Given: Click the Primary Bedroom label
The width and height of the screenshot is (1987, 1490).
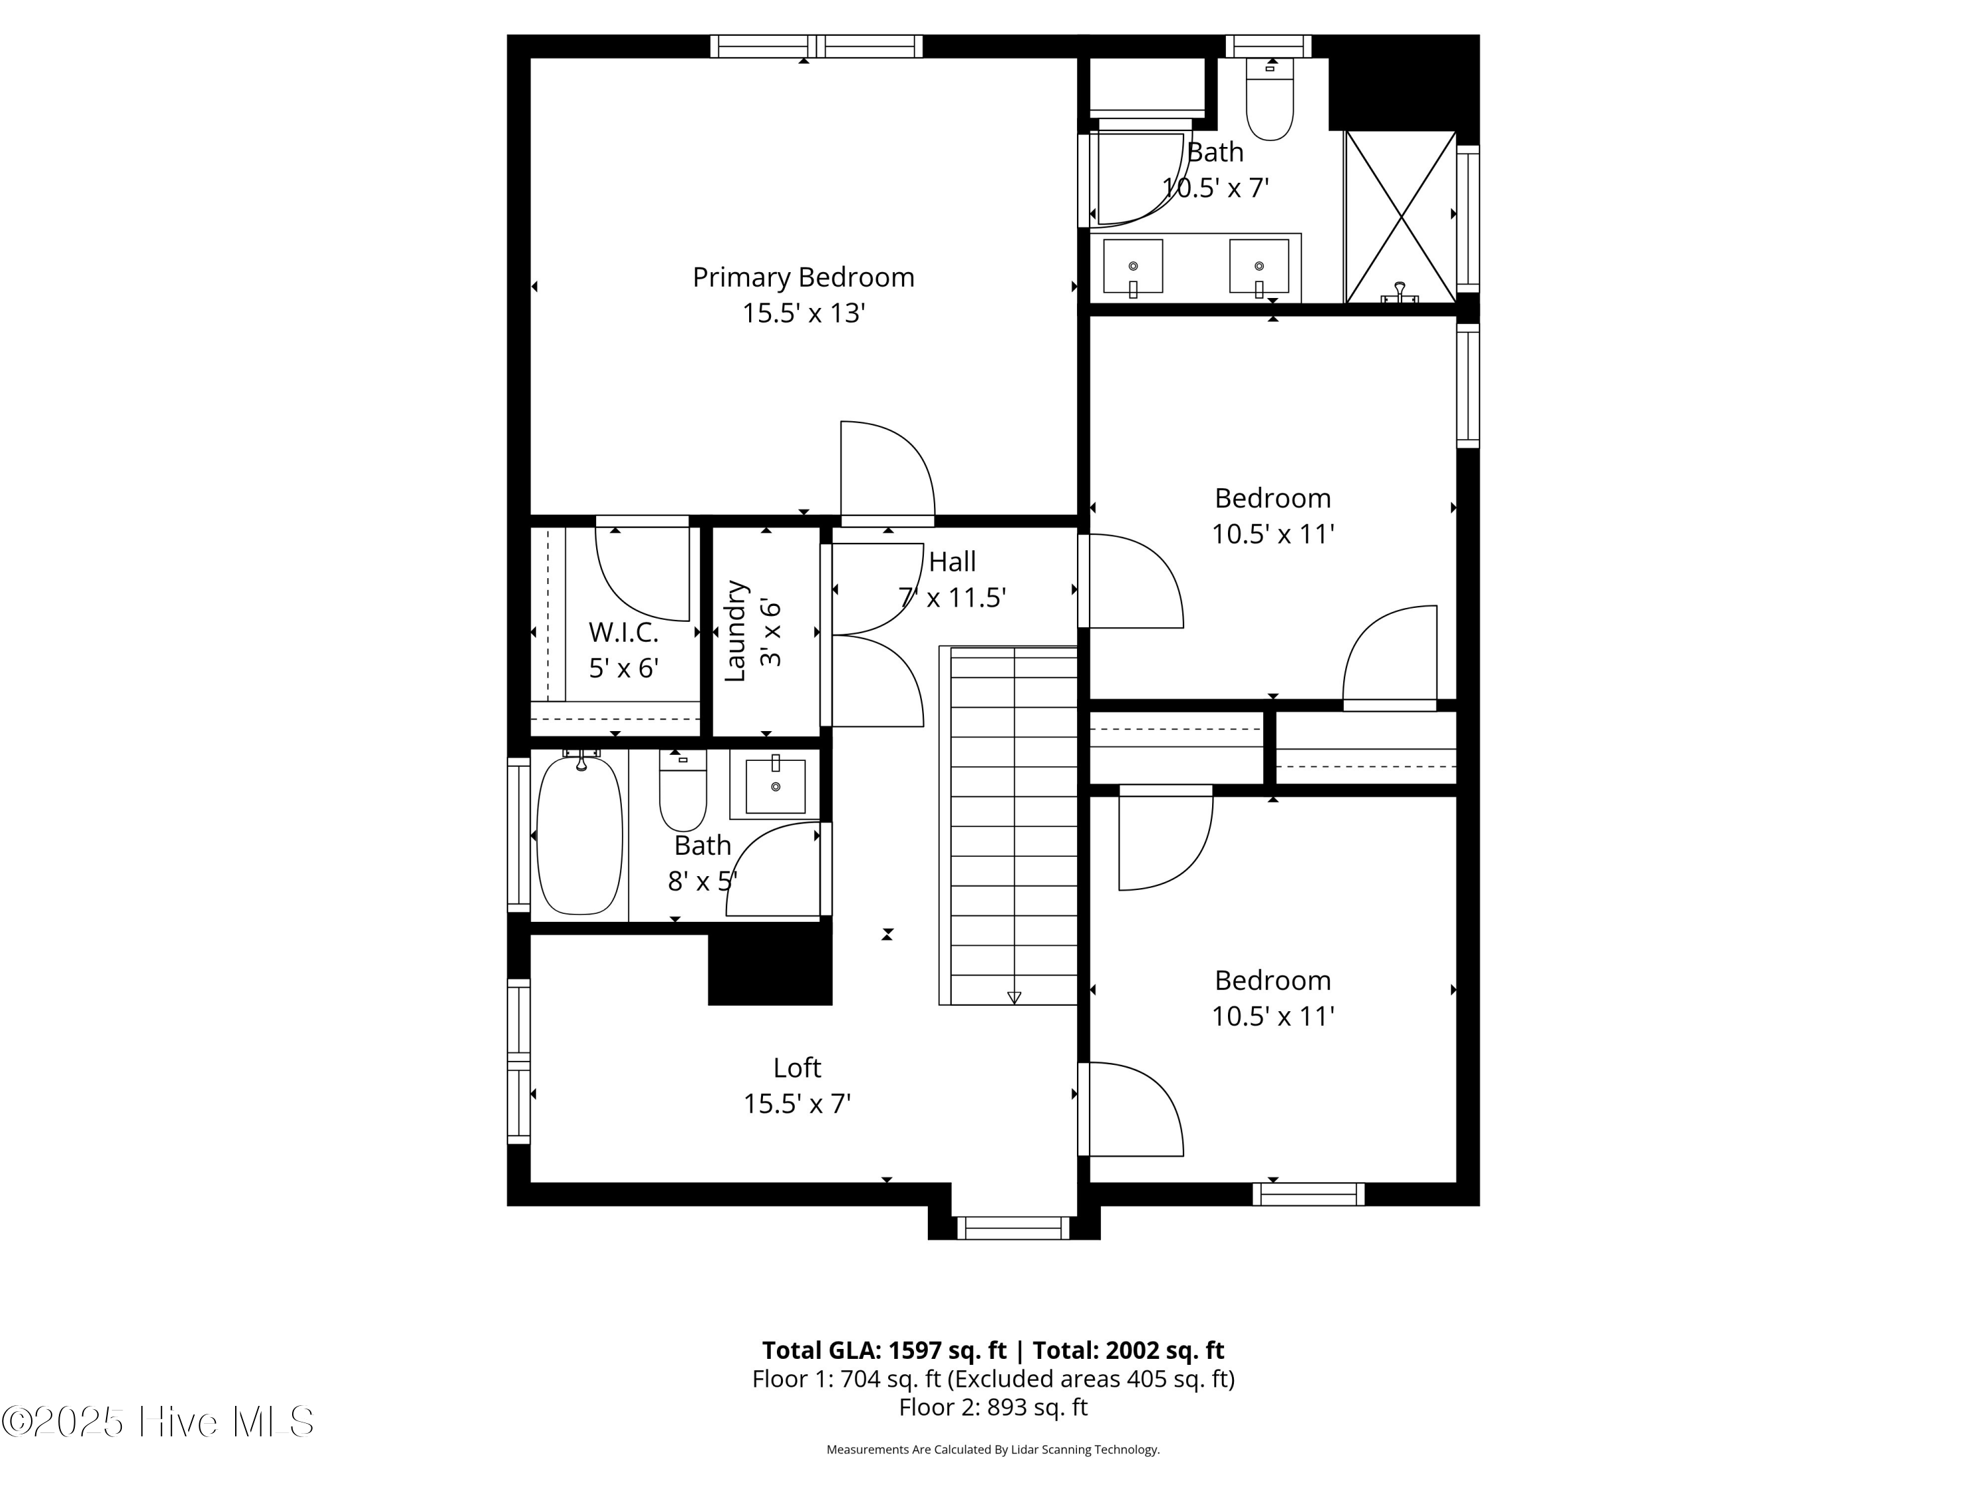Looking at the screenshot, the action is pos(803,277).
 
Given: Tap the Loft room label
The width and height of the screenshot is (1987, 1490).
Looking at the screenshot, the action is pos(797,1068).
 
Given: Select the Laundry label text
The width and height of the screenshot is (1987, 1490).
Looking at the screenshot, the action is pos(735,631).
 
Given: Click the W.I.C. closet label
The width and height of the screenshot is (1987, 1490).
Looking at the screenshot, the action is pos(623,632).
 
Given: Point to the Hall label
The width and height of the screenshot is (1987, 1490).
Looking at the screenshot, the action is pos(952,562).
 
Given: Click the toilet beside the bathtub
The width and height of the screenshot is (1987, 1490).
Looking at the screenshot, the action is pos(683,790).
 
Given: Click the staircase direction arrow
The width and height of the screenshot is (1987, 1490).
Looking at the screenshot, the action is pos(1014,997).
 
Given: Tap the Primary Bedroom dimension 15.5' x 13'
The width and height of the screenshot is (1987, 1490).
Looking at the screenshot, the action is pos(803,313).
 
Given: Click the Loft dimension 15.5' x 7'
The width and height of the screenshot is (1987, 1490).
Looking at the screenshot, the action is pos(797,1104).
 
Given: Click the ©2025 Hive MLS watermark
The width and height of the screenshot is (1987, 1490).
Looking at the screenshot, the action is pos(158,1422).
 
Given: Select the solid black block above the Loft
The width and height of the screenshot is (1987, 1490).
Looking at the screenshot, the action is pos(770,969).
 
